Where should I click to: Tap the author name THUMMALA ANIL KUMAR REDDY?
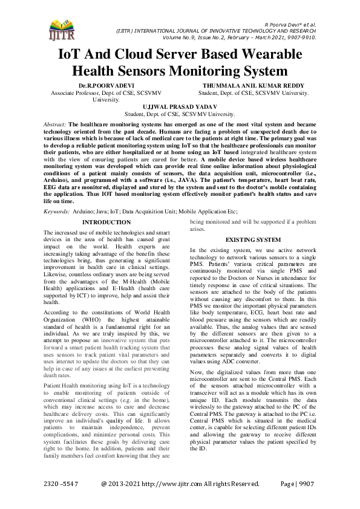254,86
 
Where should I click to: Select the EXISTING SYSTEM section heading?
253,240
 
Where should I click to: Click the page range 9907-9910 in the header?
298,36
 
